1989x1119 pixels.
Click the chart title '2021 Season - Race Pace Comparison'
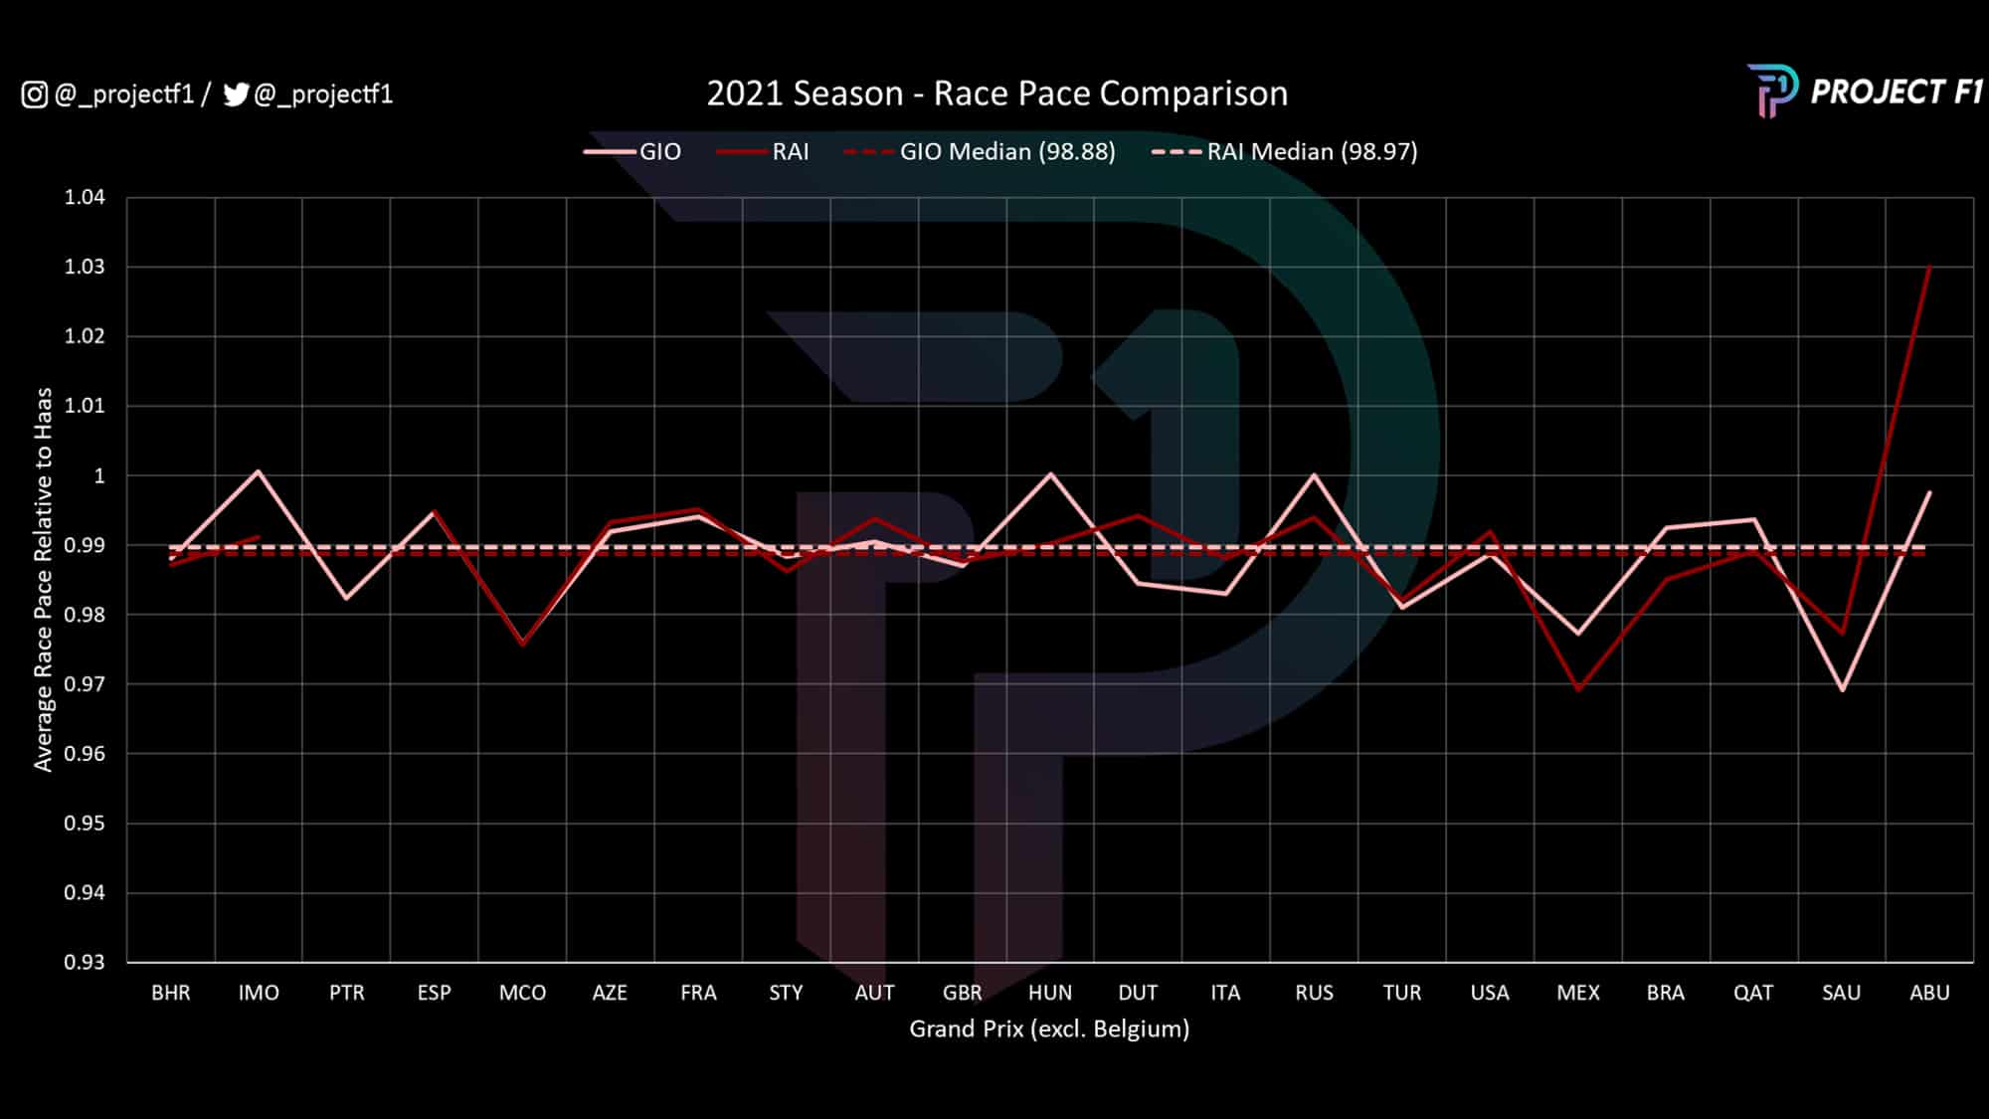click(996, 93)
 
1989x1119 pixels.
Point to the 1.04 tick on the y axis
click(85, 197)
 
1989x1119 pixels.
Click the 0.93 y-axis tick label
click(85, 962)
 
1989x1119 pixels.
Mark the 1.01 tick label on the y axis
click(85, 406)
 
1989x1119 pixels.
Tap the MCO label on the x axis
click(522, 993)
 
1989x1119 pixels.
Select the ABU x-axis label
click(1929, 993)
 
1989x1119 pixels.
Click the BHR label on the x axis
click(171, 993)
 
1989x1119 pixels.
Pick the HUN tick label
click(1050, 993)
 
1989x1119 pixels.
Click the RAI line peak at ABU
click(1929, 267)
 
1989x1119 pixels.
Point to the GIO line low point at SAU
click(1842, 689)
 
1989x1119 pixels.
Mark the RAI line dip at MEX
click(1578, 689)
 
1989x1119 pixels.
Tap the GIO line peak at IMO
click(259, 470)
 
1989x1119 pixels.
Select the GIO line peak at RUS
click(1314, 474)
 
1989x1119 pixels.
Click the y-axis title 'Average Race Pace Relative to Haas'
click(43, 579)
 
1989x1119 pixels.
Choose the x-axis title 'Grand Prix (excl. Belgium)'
click(1049, 1028)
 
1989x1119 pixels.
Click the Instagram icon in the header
click(34, 94)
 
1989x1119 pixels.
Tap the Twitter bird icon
click(236, 94)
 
